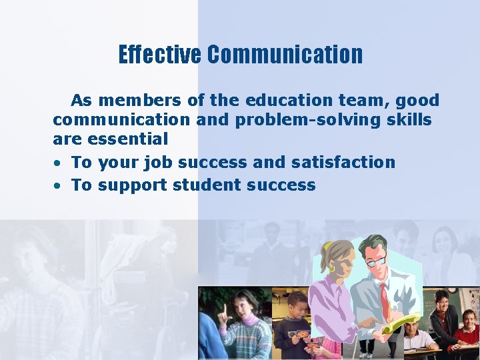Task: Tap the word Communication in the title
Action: (x=285, y=55)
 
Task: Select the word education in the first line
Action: (x=283, y=101)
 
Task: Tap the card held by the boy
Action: (x=302, y=334)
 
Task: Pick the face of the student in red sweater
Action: (x=469, y=319)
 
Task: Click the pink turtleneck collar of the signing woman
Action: (x=247, y=321)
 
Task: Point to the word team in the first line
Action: (x=366, y=101)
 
